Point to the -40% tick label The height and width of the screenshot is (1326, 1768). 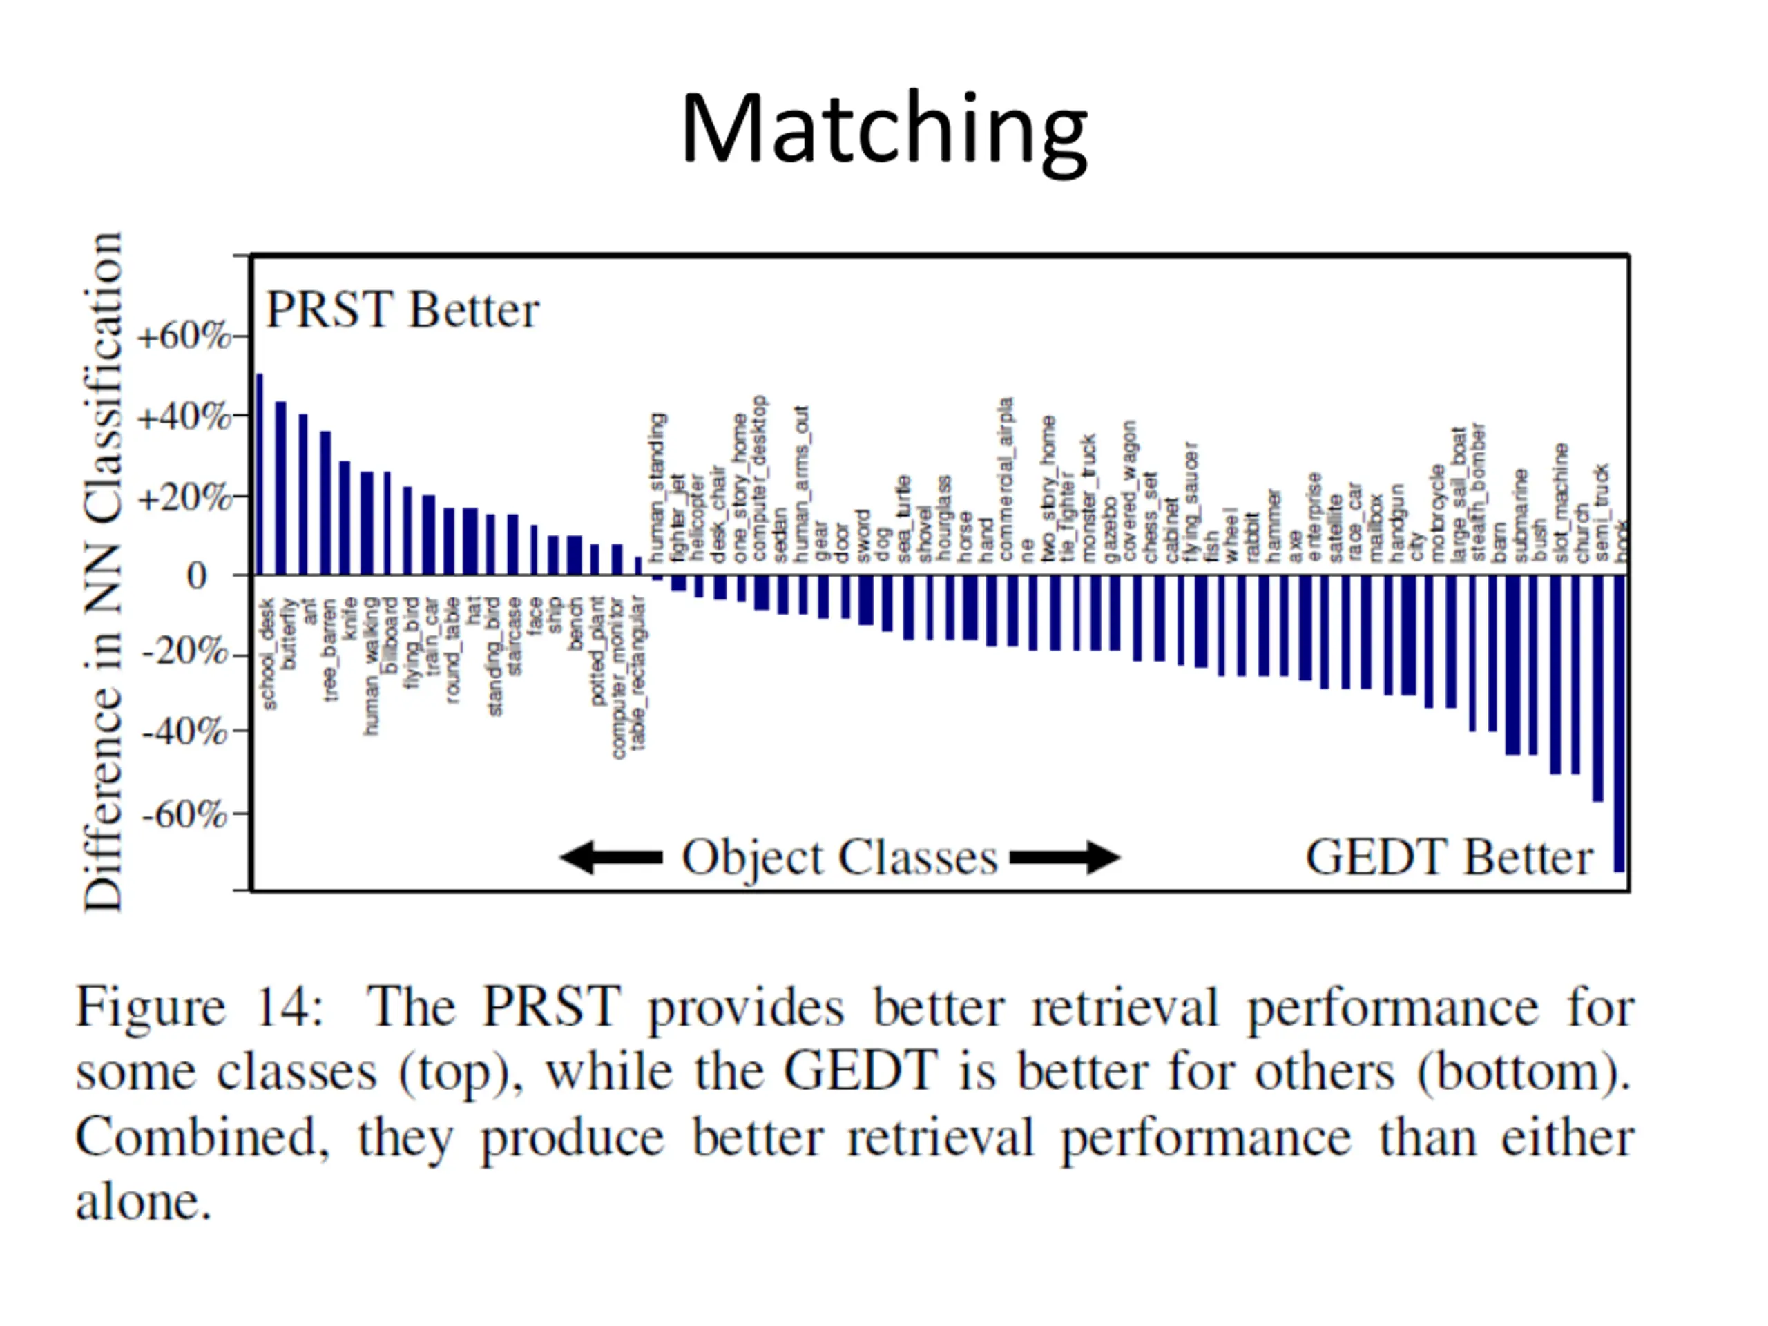tap(184, 731)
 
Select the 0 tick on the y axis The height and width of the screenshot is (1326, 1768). tap(198, 575)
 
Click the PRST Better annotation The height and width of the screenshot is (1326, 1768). tap(402, 310)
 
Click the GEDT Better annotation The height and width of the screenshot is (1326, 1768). tap(1448, 858)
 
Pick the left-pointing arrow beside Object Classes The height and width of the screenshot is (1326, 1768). tap(611, 858)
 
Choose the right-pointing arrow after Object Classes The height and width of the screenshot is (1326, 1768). tap(1065, 858)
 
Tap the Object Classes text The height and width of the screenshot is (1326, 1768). tap(839, 858)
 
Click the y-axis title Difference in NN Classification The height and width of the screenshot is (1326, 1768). tap(104, 571)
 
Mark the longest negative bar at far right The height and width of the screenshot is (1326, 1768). tap(1619, 722)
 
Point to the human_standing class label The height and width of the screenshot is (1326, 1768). tap(657, 488)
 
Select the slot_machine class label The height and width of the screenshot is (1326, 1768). tap(1561, 502)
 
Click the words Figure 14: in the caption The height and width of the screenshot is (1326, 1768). tap(198, 1007)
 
